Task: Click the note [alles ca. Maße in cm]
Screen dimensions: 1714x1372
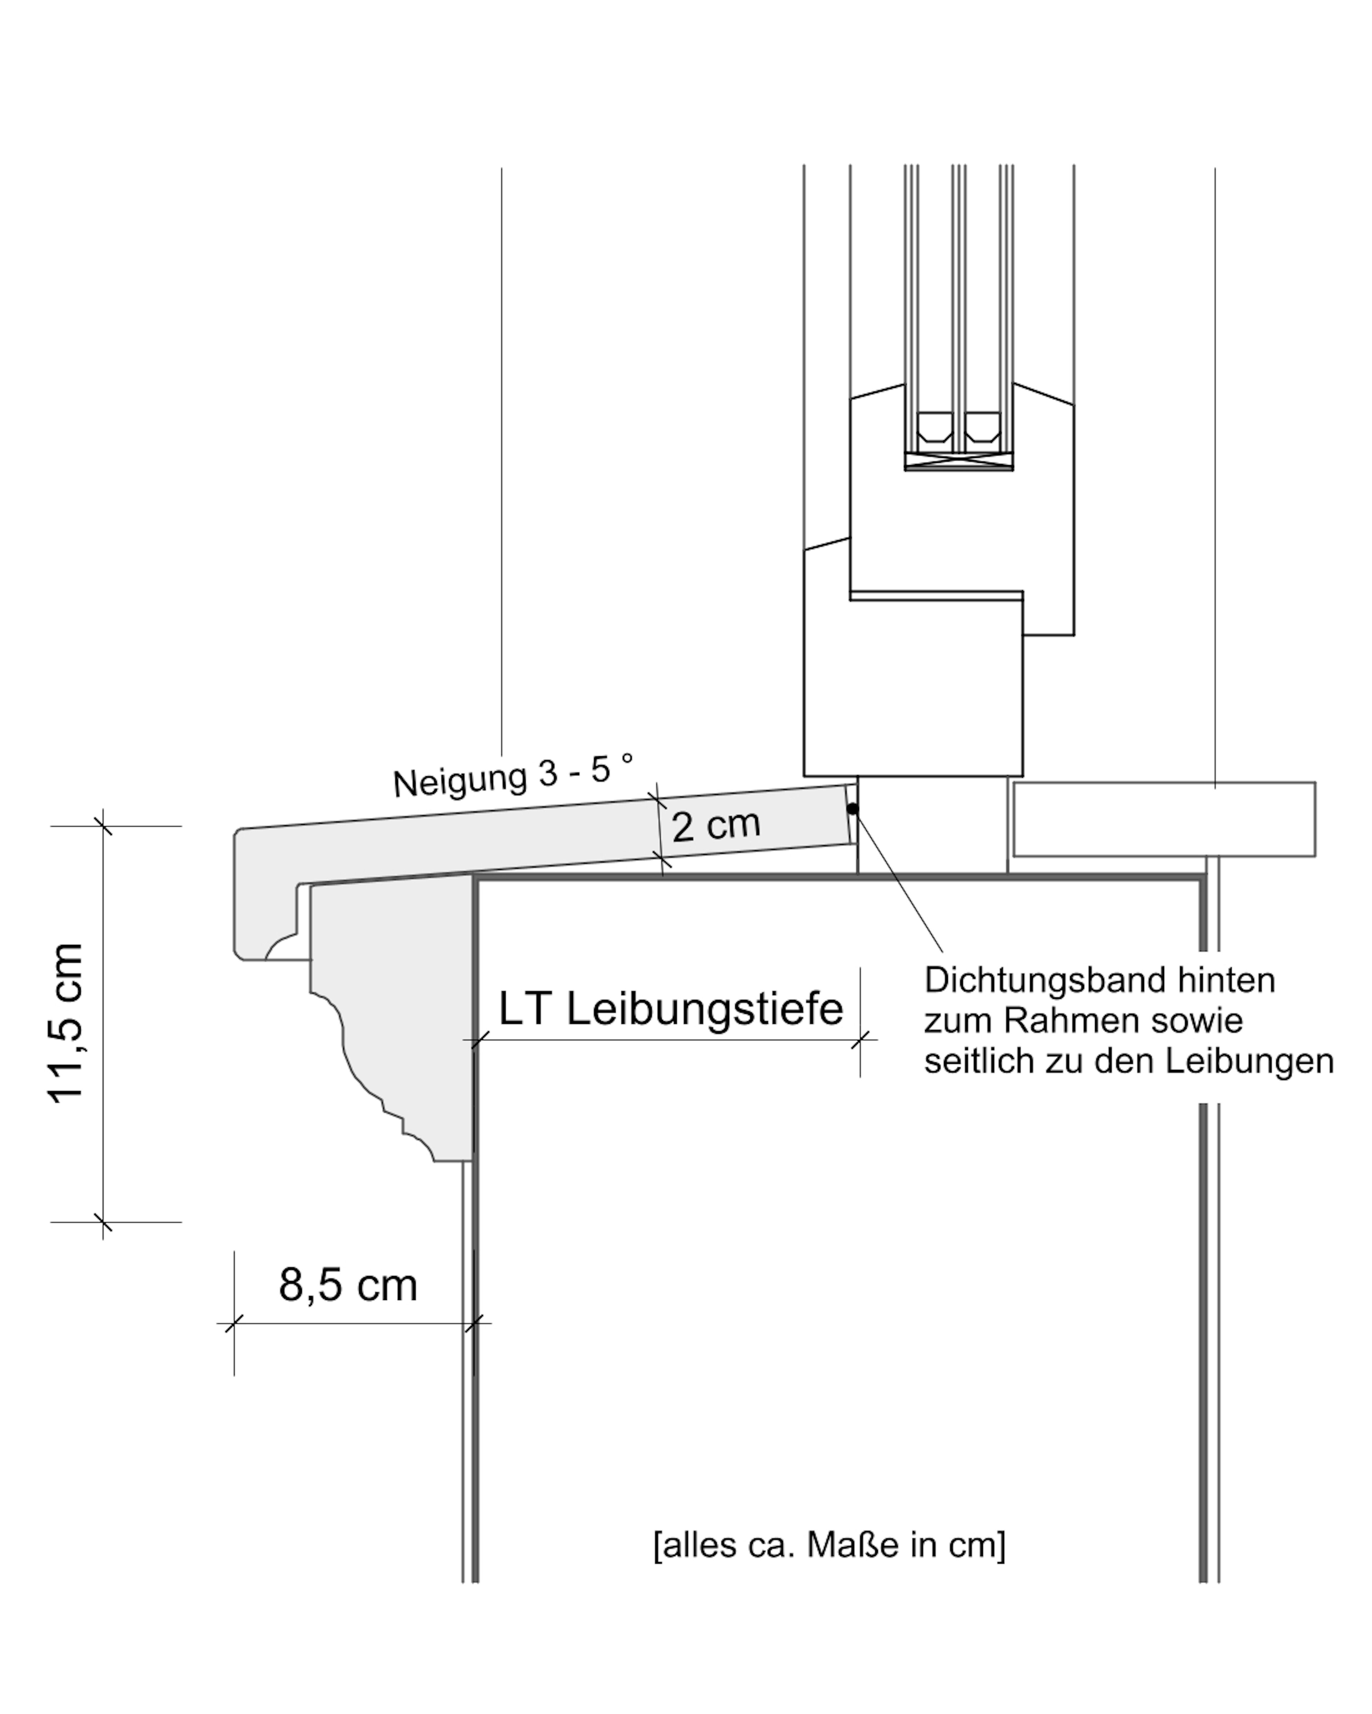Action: pyautogui.click(x=829, y=1545)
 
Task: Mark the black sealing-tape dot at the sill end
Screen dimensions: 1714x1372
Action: pyautogui.click(x=852, y=808)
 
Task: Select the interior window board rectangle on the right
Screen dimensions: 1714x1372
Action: pyautogui.click(x=1164, y=819)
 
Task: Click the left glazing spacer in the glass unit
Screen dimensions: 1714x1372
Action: pyautogui.click(x=934, y=428)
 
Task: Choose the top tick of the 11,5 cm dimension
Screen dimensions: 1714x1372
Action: pyautogui.click(x=103, y=826)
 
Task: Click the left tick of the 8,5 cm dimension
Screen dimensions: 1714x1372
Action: pyautogui.click(x=234, y=1324)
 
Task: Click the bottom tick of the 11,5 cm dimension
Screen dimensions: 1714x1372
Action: pyautogui.click(x=103, y=1222)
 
